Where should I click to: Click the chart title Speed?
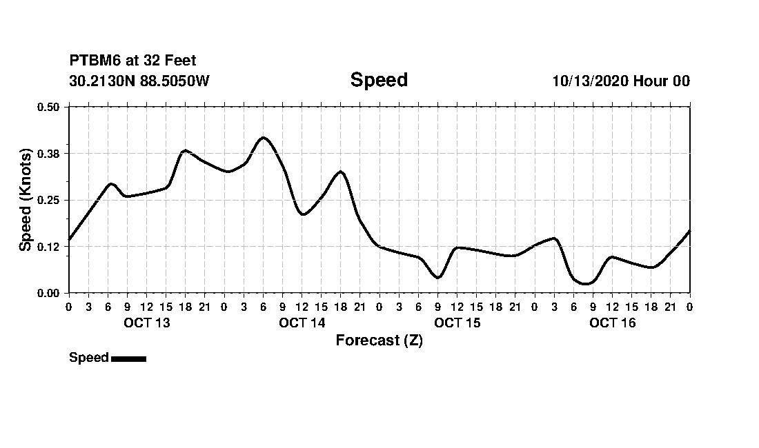379,80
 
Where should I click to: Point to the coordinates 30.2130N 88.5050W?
139,81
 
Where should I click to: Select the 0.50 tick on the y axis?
48,107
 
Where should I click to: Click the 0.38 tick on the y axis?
48,153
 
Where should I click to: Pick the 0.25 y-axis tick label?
48,200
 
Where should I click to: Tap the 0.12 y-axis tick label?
48,247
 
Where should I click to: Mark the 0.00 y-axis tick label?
48,293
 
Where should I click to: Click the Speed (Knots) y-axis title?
26,200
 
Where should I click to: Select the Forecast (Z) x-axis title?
379,340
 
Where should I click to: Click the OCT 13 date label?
146,323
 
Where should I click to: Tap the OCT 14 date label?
302,323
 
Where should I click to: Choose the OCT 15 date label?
457,323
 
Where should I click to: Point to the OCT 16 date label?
613,323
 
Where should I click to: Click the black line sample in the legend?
128,358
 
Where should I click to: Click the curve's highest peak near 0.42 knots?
263,137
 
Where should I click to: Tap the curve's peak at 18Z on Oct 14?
340,172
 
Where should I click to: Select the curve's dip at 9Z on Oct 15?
437,278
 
